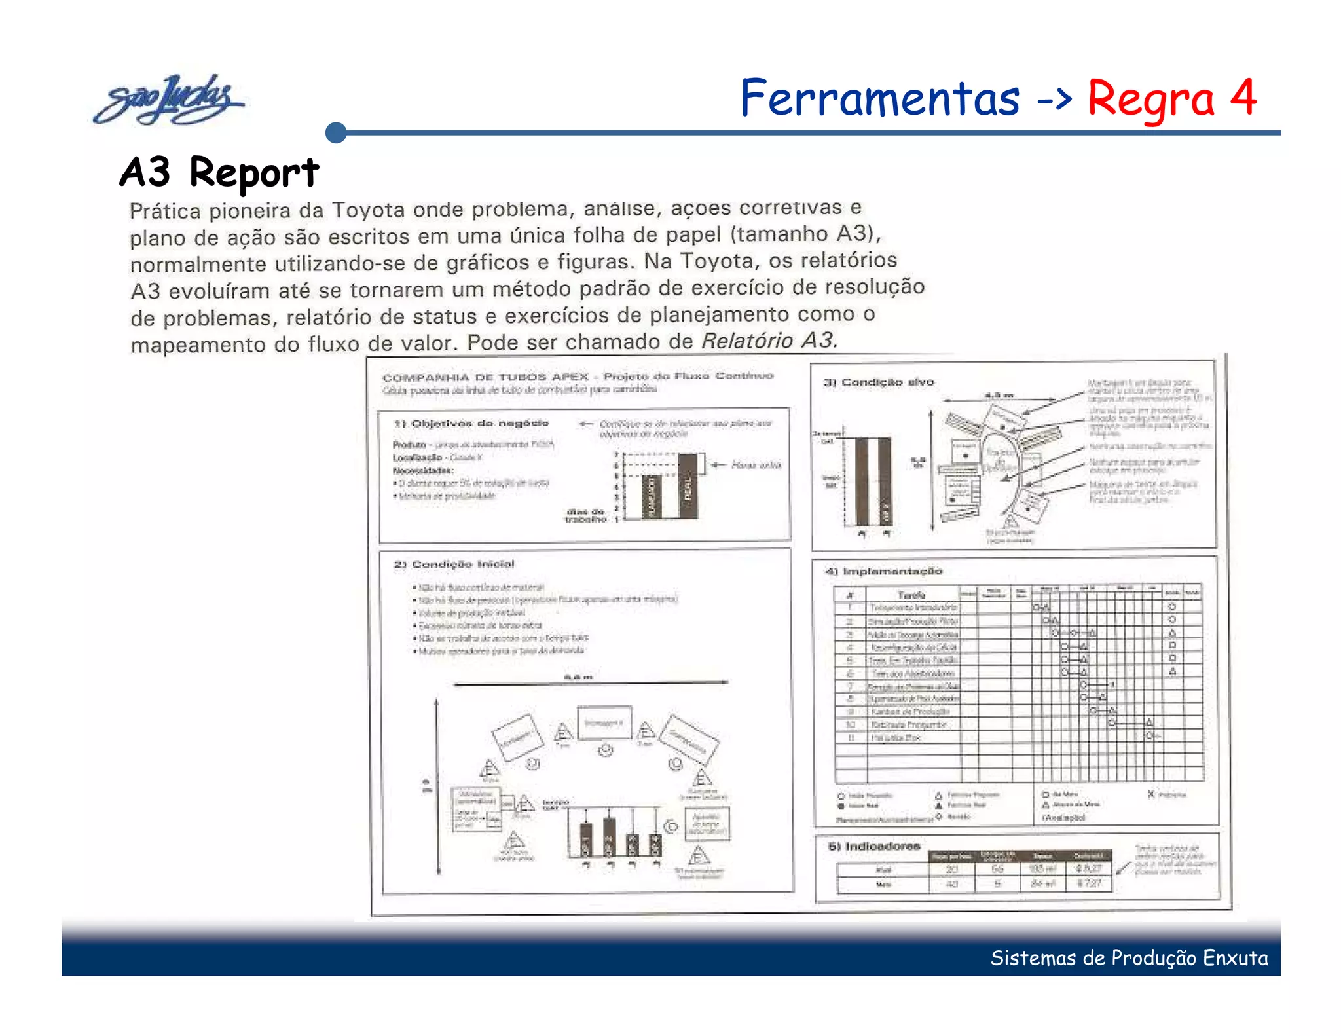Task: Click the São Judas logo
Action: point(169,100)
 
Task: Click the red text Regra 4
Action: point(1171,98)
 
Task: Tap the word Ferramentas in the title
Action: point(879,98)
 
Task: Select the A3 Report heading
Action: point(219,172)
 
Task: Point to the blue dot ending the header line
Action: point(336,133)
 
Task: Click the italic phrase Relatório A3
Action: point(769,341)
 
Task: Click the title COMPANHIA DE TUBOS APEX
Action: point(485,377)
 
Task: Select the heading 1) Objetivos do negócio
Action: point(471,423)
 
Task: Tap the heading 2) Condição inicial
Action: point(454,564)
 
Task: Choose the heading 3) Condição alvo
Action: point(879,382)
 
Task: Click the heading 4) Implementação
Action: point(884,571)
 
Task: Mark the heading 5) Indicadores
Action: point(873,846)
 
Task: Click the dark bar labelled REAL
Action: point(688,486)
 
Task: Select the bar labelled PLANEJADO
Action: point(650,496)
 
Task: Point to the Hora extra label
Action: point(756,465)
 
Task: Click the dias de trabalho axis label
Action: point(585,515)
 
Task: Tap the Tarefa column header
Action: point(911,595)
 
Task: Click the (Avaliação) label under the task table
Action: point(1063,817)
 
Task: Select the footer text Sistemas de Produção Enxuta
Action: point(1129,958)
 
